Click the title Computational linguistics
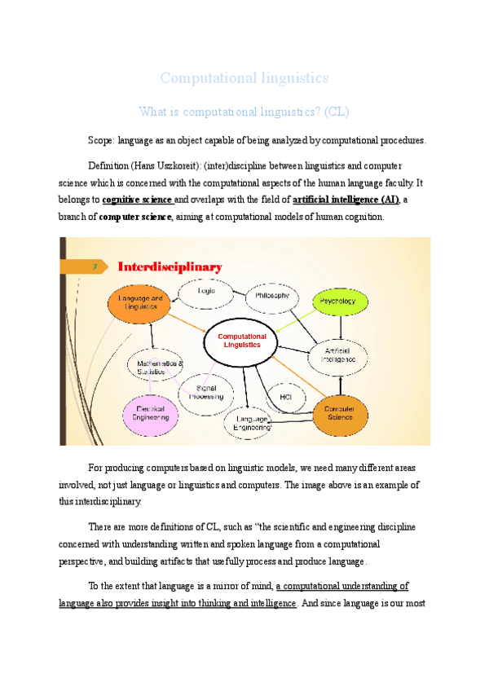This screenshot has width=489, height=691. coord(244,78)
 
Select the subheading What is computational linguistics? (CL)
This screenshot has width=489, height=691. coord(244,111)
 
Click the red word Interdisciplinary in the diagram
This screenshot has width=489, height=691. coord(170,266)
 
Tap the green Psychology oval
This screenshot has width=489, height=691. coord(337,301)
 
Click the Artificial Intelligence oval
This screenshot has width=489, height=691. coord(337,354)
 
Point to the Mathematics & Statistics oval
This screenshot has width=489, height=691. coord(160,368)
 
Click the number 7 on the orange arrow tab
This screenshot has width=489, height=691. coord(95,266)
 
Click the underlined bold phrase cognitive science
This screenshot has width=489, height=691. coord(138,200)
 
